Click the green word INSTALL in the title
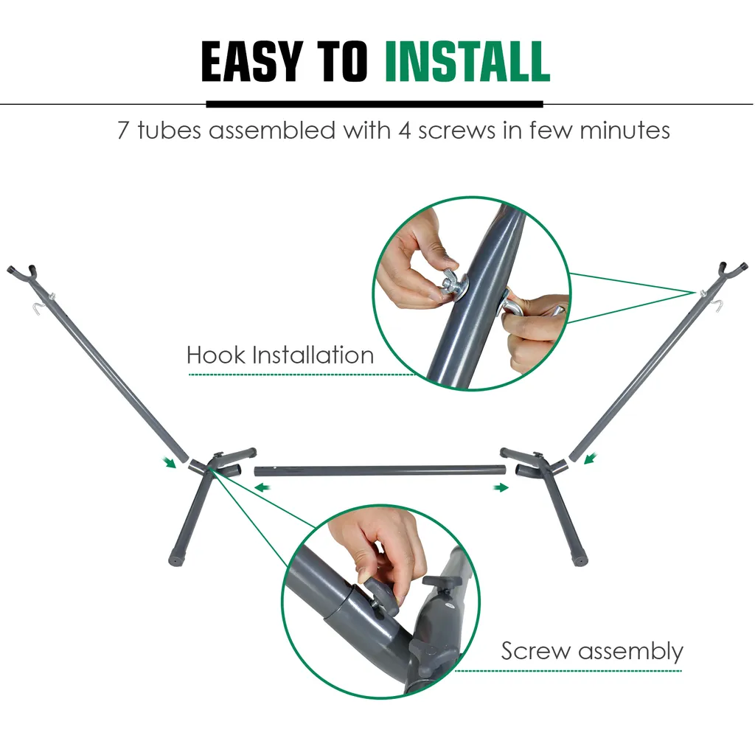coord(467,61)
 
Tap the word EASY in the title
coord(252,61)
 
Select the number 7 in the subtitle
coord(123,131)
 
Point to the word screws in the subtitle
coord(456,131)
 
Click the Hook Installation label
coord(280,355)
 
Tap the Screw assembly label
coord(592,652)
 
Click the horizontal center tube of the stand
coord(380,470)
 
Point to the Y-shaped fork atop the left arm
coord(23,274)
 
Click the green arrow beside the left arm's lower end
coord(169,462)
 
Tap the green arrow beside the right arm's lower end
coord(591,459)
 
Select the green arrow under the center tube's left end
coord(262,488)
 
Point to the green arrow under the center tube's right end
coord(501,488)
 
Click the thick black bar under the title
coord(375,104)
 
